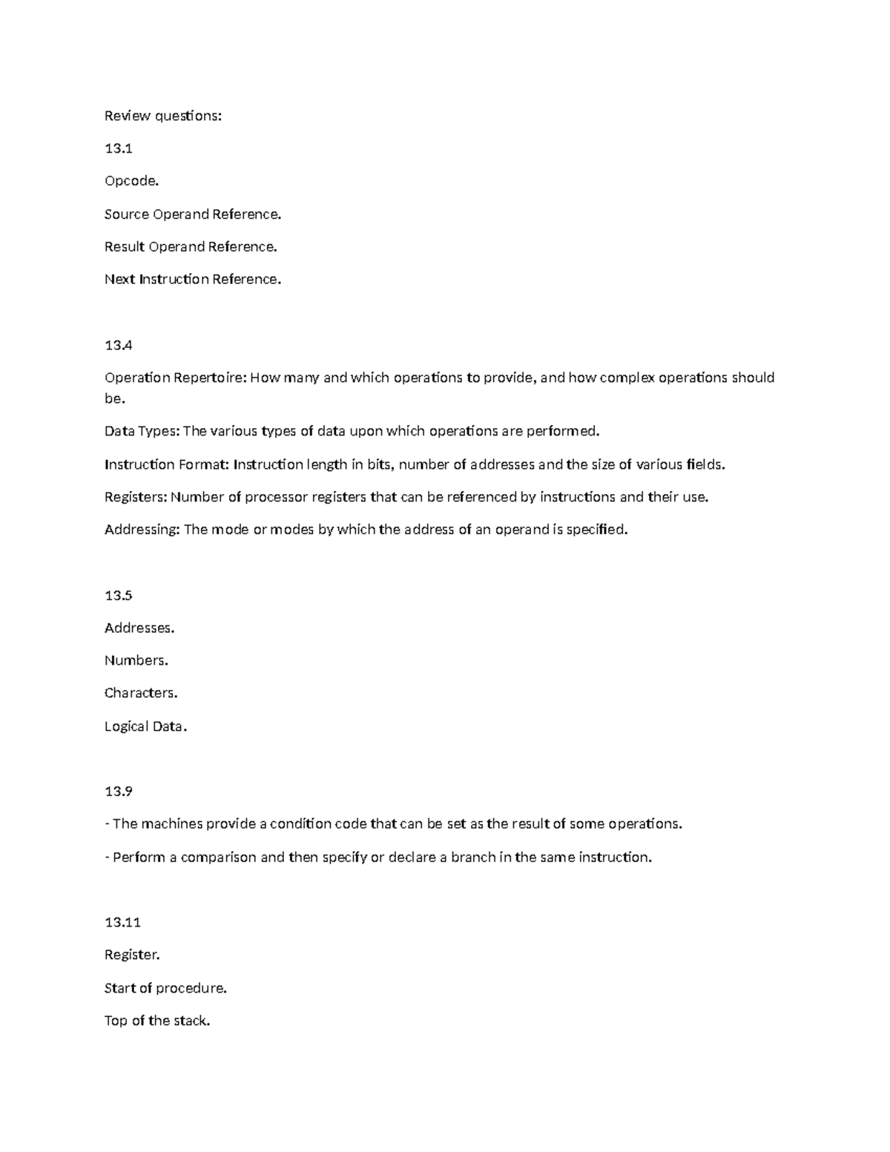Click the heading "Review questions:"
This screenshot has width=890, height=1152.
pyautogui.click(x=163, y=116)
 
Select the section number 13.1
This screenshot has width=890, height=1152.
pyautogui.click(x=119, y=148)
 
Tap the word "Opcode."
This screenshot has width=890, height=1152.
pyautogui.click(x=132, y=181)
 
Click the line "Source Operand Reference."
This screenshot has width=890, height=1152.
pyautogui.click(x=193, y=214)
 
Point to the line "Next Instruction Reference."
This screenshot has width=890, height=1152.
pyautogui.click(x=193, y=280)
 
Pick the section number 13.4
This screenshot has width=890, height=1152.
pyautogui.click(x=119, y=345)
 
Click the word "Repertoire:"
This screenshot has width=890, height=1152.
pyautogui.click(x=210, y=378)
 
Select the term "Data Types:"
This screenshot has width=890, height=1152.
pyautogui.click(x=142, y=432)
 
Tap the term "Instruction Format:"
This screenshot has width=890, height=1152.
pyautogui.click(x=167, y=465)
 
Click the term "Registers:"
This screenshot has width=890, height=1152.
pyautogui.click(x=136, y=497)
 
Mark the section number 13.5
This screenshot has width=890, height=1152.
pyautogui.click(x=119, y=596)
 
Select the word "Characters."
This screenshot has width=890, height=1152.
pyautogui.click(x=141, y=693)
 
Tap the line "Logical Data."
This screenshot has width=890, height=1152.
pyautogui.click(x=146, y=726)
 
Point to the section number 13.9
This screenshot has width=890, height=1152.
pyautogui.click(x=119, y=791)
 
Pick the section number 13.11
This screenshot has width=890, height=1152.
pyautogui.click(x=123, y=923)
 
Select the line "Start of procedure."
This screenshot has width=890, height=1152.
pyautogui.click(x=165, y=988)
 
